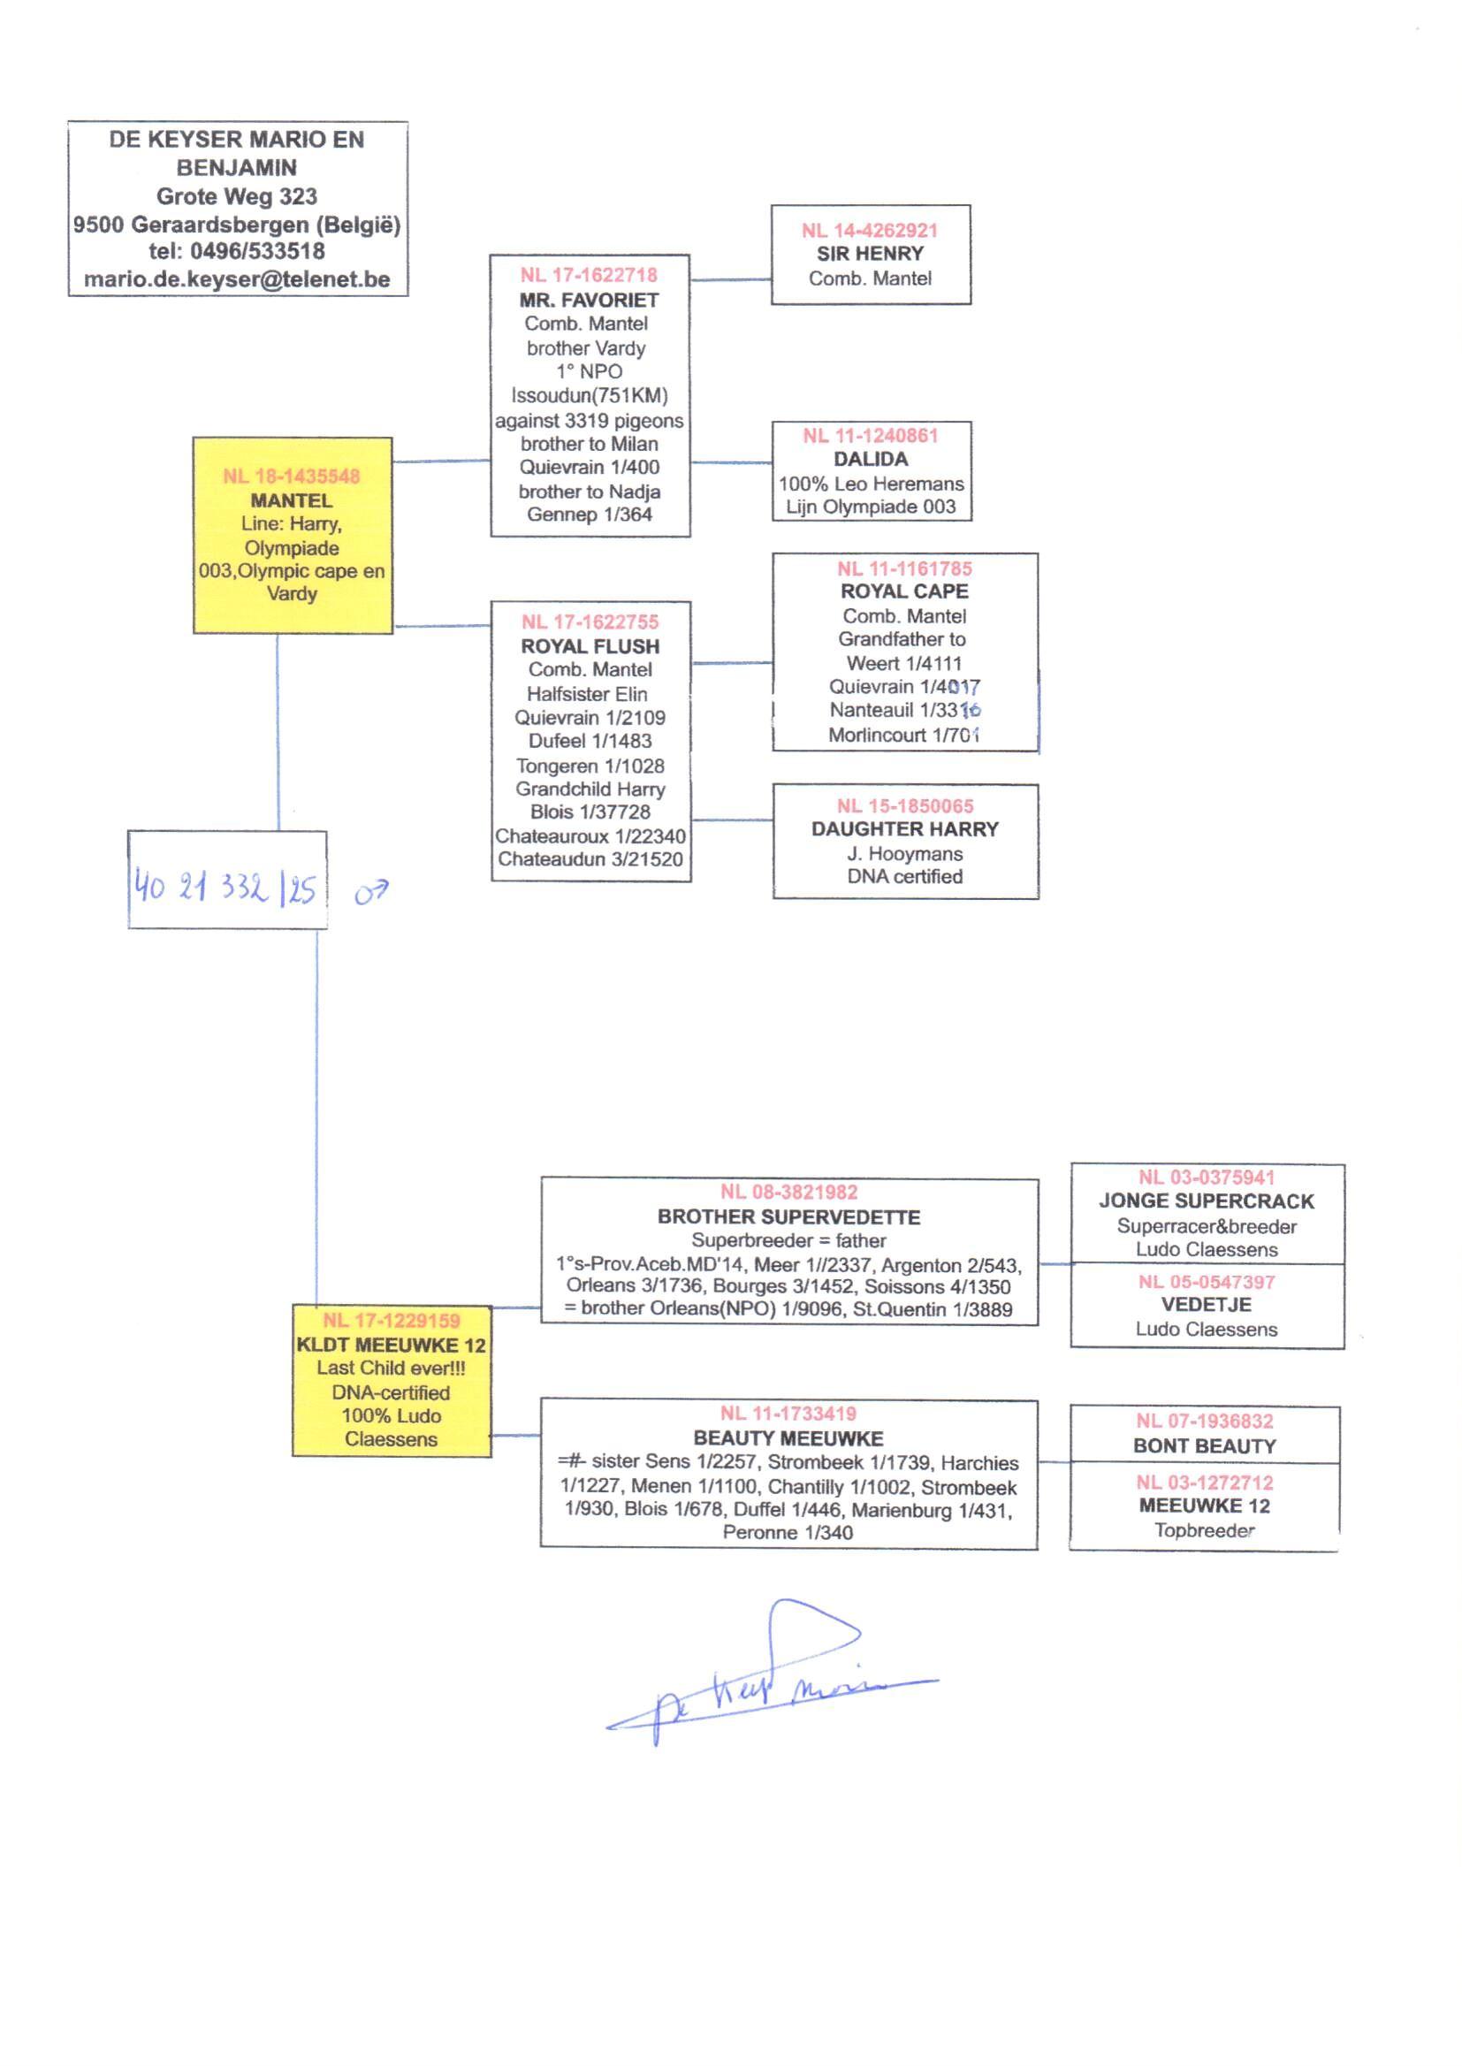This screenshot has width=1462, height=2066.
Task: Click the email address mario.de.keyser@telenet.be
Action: (x=237, y=280)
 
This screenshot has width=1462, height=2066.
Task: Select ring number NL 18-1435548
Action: (x=292, y=476)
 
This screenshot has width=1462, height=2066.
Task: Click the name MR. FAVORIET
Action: (x=589, y=300)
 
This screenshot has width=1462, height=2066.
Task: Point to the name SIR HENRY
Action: (x=870, y=254)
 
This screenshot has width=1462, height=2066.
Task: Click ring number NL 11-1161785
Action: (x=904, y=569)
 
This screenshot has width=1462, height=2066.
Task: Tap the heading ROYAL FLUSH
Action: (x=590, y=646)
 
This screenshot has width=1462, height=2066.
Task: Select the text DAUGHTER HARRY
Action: (x=904, y=829)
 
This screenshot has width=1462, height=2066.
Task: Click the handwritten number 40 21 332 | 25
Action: (x=225, y=888)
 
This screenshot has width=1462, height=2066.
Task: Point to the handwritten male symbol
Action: (x=371, y=892)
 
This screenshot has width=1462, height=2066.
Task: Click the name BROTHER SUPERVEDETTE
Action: (x=788, y=1217)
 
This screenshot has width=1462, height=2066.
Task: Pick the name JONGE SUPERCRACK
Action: (x=1206, y=1201)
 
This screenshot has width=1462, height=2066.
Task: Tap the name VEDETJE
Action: (x=1206, y=1305)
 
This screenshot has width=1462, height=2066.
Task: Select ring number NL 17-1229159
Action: (x=391, y=1321)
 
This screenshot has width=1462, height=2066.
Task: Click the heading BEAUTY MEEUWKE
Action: (x=788, y=1438)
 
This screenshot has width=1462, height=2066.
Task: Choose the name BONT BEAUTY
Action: (x=1204, y=1445)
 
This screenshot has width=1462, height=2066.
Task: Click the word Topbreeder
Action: (x=1204, y=1530)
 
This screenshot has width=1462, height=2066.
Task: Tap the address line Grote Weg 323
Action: (x=237, y=196)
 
